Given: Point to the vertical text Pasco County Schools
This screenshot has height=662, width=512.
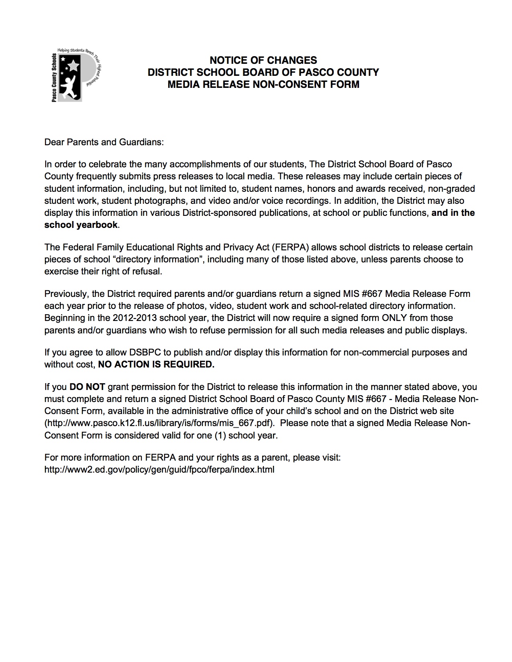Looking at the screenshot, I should (54, 77).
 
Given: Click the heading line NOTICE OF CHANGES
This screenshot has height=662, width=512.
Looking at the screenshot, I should (263, 60).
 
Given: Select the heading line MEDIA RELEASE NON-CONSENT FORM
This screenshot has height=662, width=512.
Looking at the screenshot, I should (263, 84).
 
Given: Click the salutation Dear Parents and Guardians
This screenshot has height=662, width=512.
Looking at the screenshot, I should (104, 142).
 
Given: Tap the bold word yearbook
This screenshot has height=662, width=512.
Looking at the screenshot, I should (98, 225).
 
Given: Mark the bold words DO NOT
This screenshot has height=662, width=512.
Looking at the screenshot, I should (87, 387).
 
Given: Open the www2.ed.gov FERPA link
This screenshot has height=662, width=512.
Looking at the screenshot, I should (159, 469).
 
